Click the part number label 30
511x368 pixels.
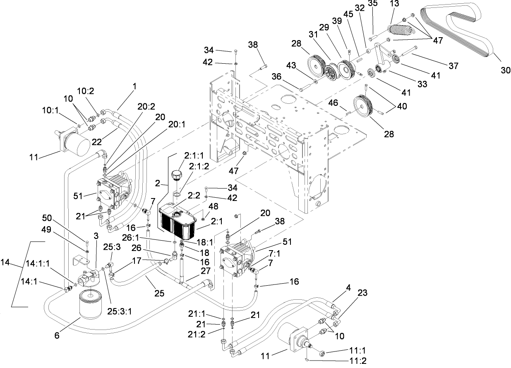[505, 70]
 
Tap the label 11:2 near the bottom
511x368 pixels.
[357, 360]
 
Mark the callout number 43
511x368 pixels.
[292, 66]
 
